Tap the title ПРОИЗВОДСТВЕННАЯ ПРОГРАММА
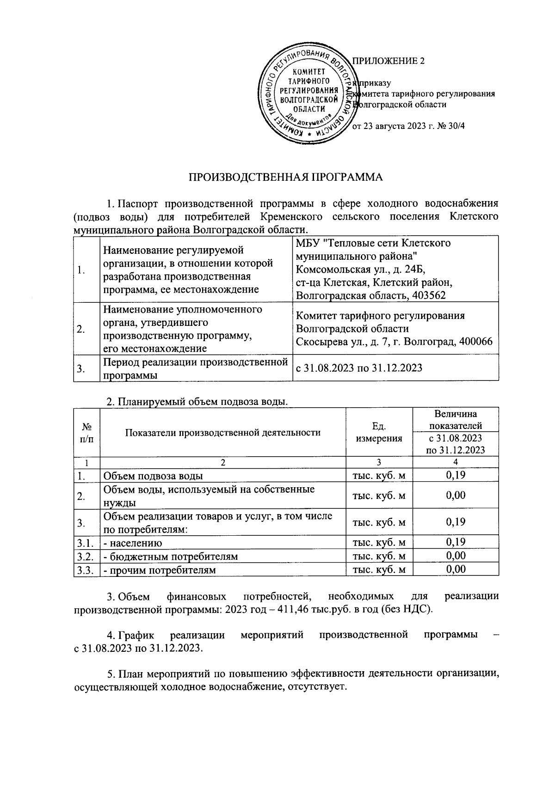286,178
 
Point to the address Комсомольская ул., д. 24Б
361,269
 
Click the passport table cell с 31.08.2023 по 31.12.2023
359,368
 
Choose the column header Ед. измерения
379,432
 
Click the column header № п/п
86,432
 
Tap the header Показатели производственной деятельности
223,433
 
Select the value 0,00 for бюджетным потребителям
456,556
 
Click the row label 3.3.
86,569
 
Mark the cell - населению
133,543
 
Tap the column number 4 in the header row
456,462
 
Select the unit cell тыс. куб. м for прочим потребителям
379,569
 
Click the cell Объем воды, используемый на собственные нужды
209,496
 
